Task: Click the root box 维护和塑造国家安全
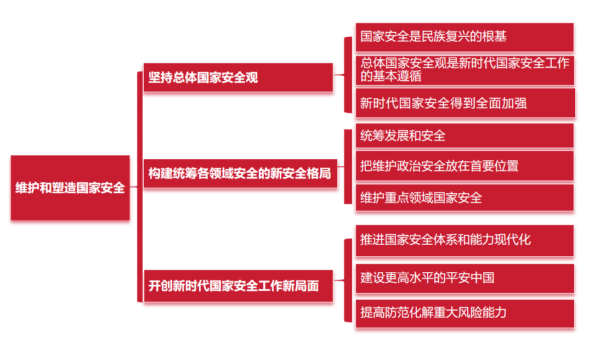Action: tap(70, 188)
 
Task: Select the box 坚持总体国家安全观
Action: tap(238, 77)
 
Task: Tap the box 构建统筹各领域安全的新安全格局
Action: tap(240, 173)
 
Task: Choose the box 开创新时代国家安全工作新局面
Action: tap(238, 285)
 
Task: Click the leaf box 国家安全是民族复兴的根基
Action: tap(464, 37)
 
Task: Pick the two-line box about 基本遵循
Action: tap(464, 70)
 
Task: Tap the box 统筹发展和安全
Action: tap(464, 136)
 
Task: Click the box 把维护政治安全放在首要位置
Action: tap(464, 166)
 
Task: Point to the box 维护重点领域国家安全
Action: tap(464, 198)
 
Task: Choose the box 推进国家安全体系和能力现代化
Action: tap(464, 240)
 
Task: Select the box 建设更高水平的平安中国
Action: tap(464, 278)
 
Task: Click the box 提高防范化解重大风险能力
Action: tap(464, 313)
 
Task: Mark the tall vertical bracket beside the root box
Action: tap(139, 187)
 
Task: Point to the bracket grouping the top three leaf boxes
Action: tap(348, 75)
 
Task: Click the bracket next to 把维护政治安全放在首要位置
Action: tap(348, 166)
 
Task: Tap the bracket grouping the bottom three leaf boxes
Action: tap(348, 280)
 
